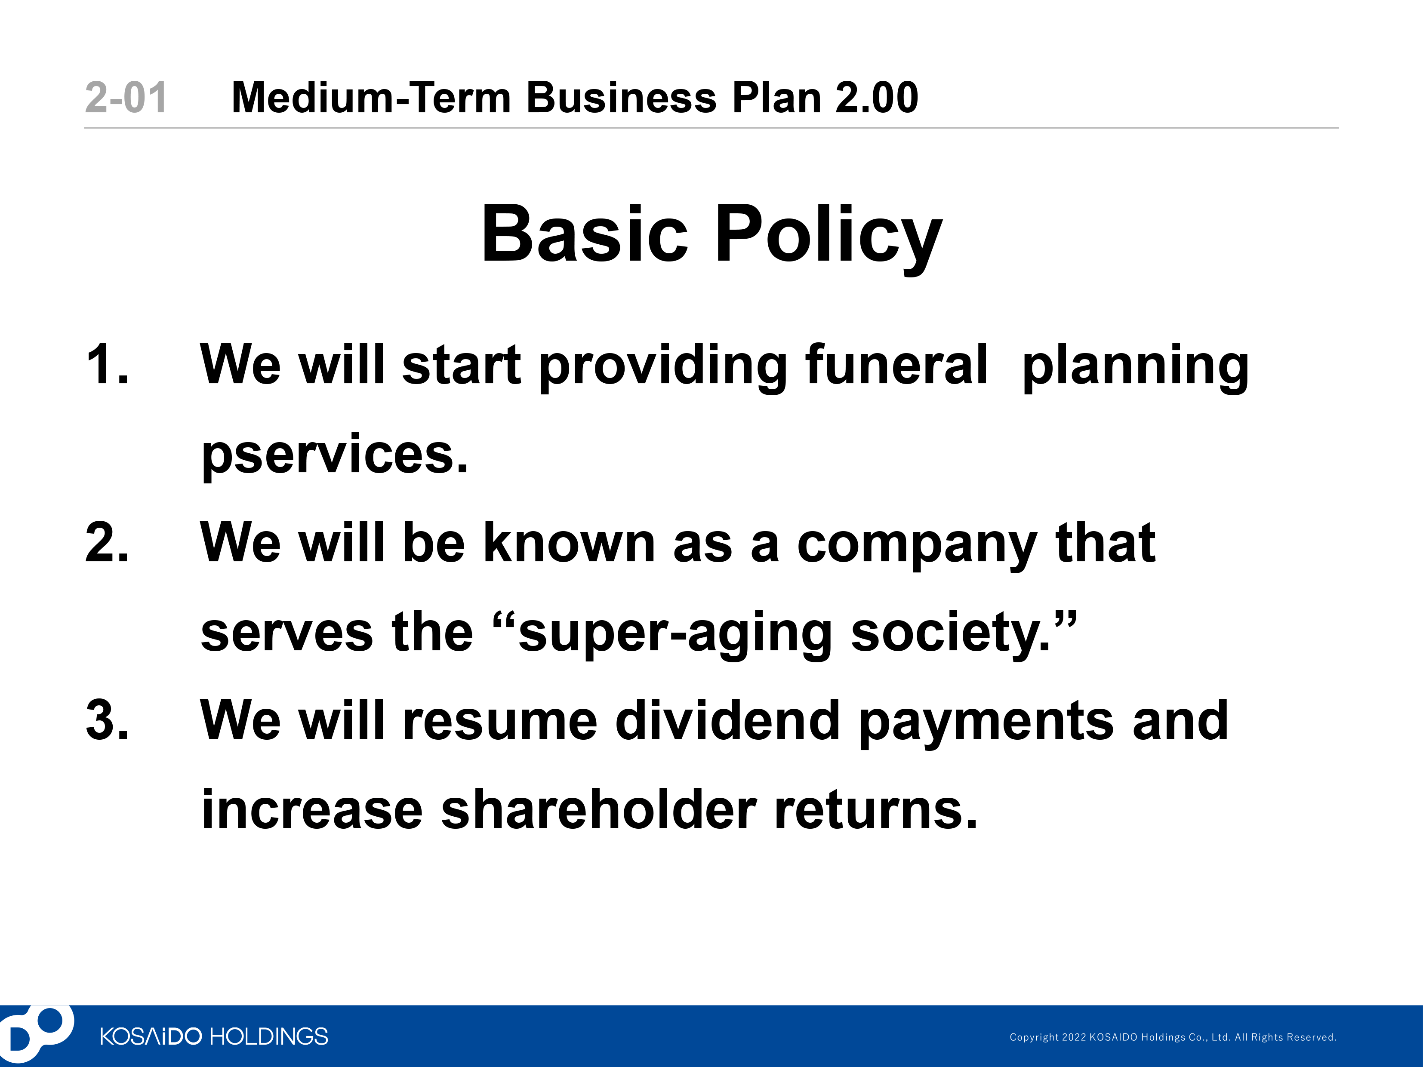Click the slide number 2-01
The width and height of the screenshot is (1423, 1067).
tap(126, 98)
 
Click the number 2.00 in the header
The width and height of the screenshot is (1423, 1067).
tap(876, 98)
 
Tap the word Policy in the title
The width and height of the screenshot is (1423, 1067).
tap(828, 235)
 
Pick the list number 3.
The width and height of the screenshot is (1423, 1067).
tap(107, 720)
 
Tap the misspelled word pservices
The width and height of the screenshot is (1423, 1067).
tap(335, 455)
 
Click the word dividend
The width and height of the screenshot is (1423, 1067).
tap(727, 720)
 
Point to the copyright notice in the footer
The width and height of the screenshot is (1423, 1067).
tap(1173, 1037)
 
